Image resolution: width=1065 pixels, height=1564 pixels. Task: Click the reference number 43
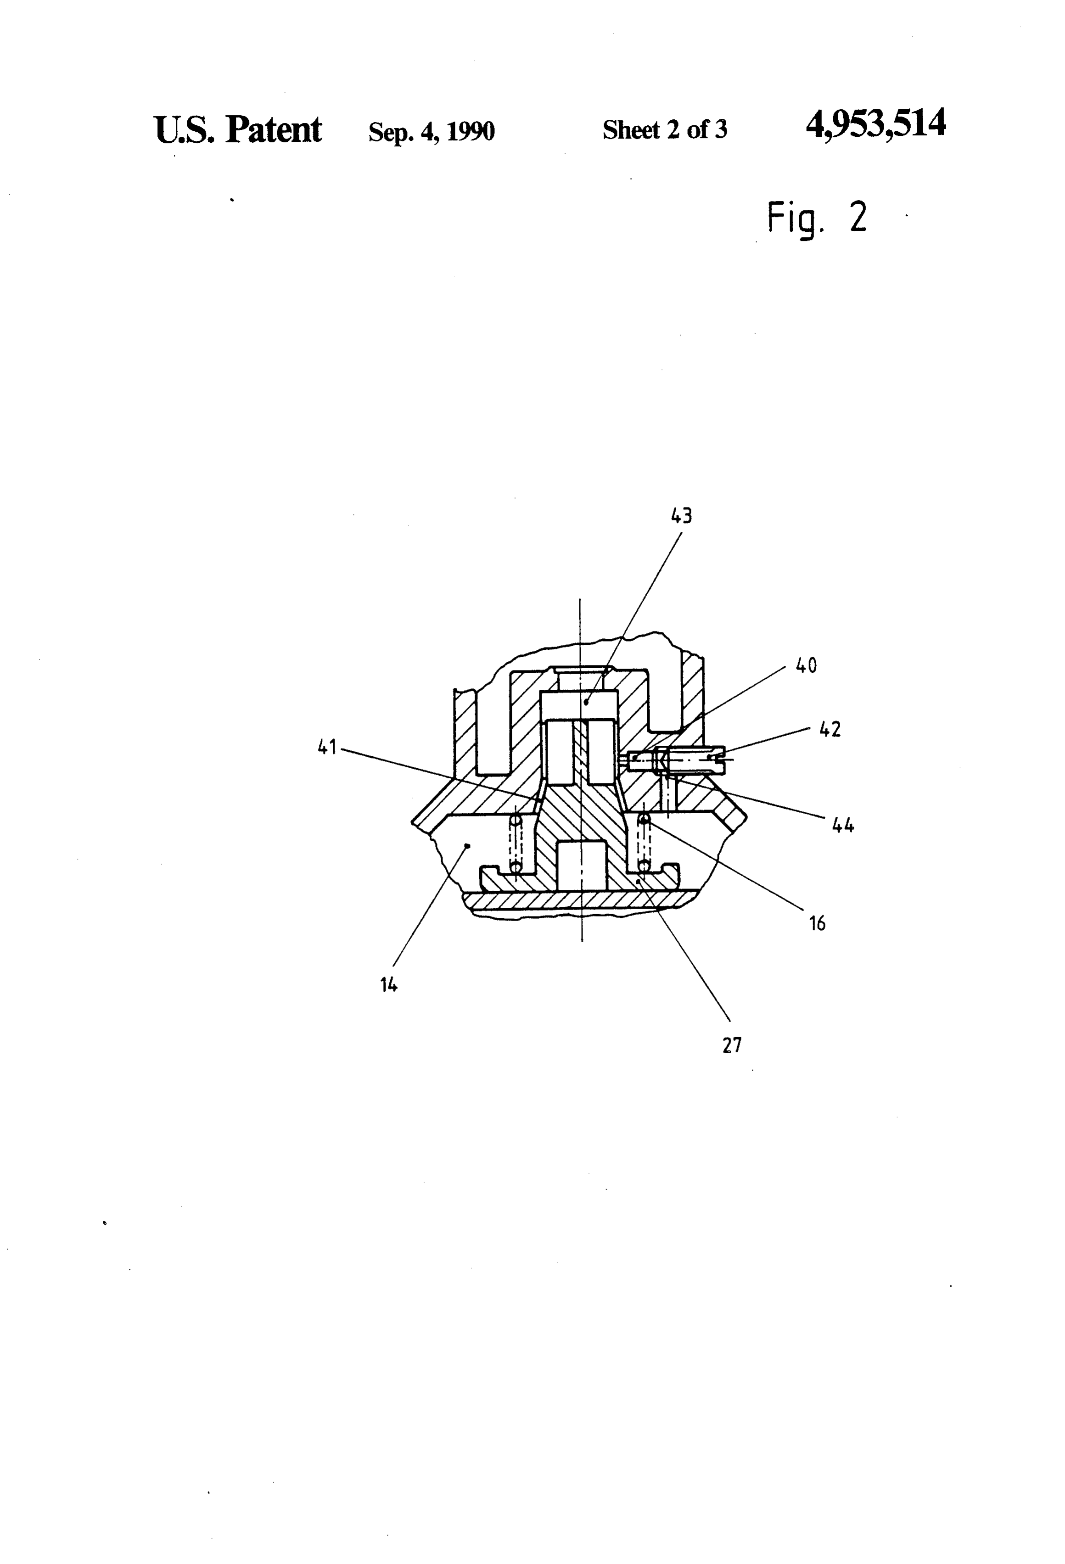pyautogui.click(x=681, y=515)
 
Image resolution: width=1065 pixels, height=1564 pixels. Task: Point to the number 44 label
pyautogui.click(x=843, y=825)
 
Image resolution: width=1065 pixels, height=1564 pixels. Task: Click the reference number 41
pyautogui.click(x=327, y=747)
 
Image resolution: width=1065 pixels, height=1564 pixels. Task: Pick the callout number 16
pyautogui.click(x=817, y=923)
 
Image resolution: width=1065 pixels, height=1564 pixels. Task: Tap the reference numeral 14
pyautogui.click(x=388, y=985)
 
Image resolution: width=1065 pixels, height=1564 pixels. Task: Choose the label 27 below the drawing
pyautogui.click(x=732, y=1045)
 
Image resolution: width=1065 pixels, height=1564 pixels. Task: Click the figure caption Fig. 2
pyautogui.click(x=817, y=218)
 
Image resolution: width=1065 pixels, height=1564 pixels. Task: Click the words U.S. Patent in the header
pyautogui.click(x=238, y=129)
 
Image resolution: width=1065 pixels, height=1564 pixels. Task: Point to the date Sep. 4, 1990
pyautogui.click(x=432, y=131)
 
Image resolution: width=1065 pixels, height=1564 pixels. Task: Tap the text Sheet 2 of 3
pyautogui.click(x=665, y=130)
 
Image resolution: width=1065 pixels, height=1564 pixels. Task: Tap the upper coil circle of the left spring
pyautogui.click(x=516, y=821)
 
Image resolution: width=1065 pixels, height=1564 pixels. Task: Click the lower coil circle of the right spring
pyautogui.click(x=644, y=866)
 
